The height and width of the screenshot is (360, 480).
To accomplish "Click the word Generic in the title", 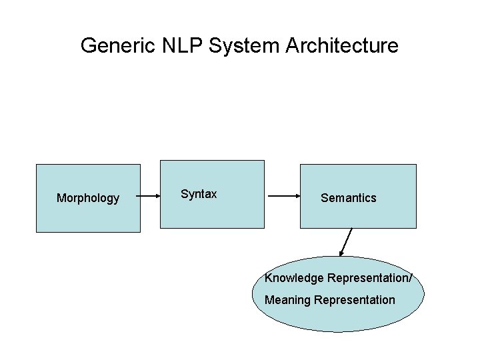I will (117, 46).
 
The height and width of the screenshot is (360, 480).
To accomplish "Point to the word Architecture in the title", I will (342, 46).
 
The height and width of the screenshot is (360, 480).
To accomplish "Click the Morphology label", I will (88, 198).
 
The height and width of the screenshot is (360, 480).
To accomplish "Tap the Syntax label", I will (199, 194).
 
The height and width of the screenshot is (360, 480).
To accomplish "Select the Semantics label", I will (348, 198).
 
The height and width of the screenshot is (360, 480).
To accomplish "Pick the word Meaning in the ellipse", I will (287, 300).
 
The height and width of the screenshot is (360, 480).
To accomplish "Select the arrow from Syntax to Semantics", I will (284, 197).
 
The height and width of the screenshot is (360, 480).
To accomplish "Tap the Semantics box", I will (359, 217).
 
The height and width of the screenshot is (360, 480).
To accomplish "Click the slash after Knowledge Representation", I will (420, 277).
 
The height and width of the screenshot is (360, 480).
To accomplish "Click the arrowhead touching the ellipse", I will (342, 253).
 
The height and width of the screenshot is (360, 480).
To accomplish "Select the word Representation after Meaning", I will (354, 300).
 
